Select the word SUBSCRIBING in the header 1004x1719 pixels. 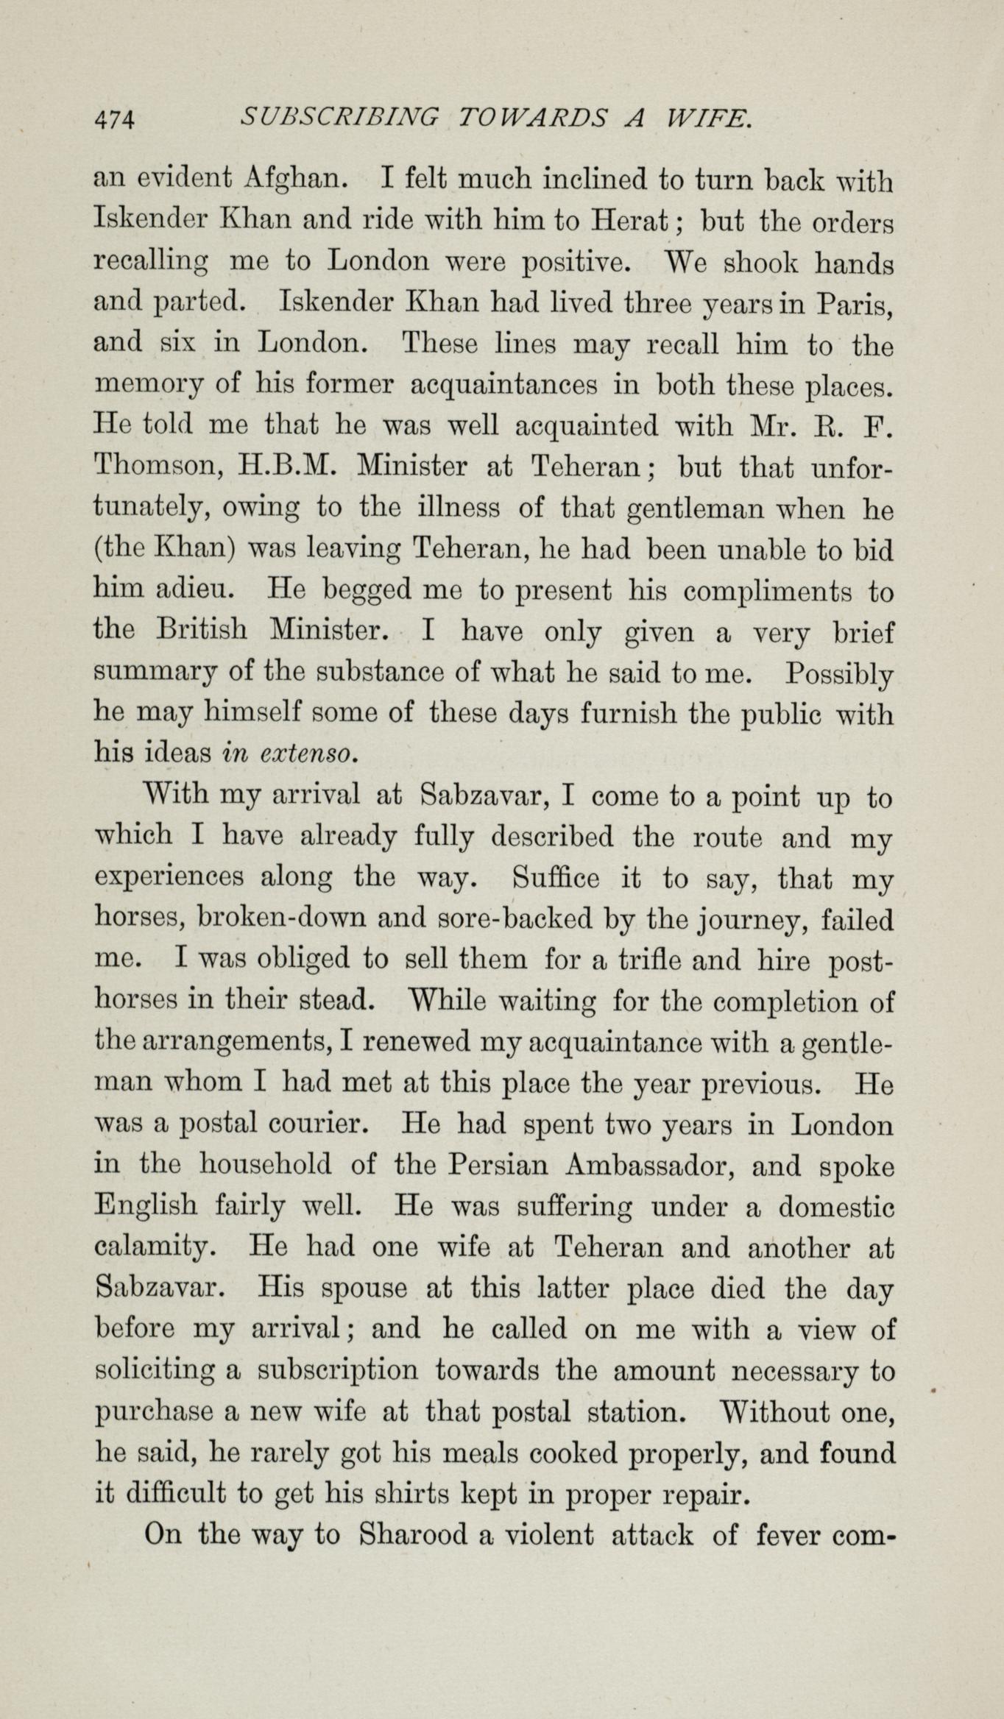340,117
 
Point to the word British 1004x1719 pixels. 202,631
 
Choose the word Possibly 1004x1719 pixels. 840,672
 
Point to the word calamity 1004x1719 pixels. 155,1247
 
